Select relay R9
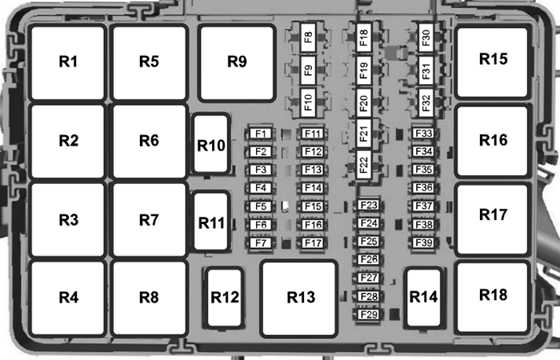[236, 62]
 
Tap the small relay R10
[210, 146]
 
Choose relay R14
[423, 297]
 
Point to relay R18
[493, 294]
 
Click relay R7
[149, 219]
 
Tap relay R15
[493, 59]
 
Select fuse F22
[364, 165]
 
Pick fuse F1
[259, 134]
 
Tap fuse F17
[312, 243]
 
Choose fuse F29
[368, 314]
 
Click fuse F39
[423, 243]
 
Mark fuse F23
[368, 206]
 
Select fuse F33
[423, 134]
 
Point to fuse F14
[312, 188]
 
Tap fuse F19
[364, 70]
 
